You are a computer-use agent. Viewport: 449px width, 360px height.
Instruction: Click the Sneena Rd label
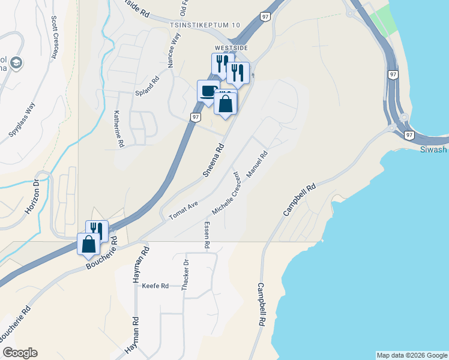click(x=213, y=160)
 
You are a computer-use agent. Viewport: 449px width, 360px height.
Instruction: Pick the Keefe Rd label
click(x=155, y=286)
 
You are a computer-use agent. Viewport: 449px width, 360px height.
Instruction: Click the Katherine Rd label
click(x=118, y=129)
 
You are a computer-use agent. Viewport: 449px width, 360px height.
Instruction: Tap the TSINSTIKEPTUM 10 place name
click(x=205, y=25)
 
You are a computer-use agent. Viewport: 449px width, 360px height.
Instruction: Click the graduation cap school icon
click(x=16, y=63)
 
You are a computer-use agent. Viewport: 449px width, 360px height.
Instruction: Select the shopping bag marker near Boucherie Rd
click(x=89, y=244)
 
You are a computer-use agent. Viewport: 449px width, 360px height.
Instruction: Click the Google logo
click(x=20, y=353)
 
